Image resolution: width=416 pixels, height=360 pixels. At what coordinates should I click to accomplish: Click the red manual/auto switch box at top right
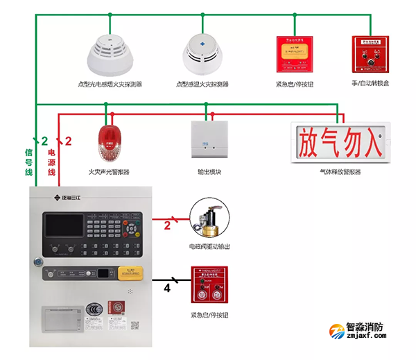(369, 54)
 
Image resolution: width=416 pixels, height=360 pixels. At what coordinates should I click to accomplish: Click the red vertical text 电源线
(51, 162)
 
